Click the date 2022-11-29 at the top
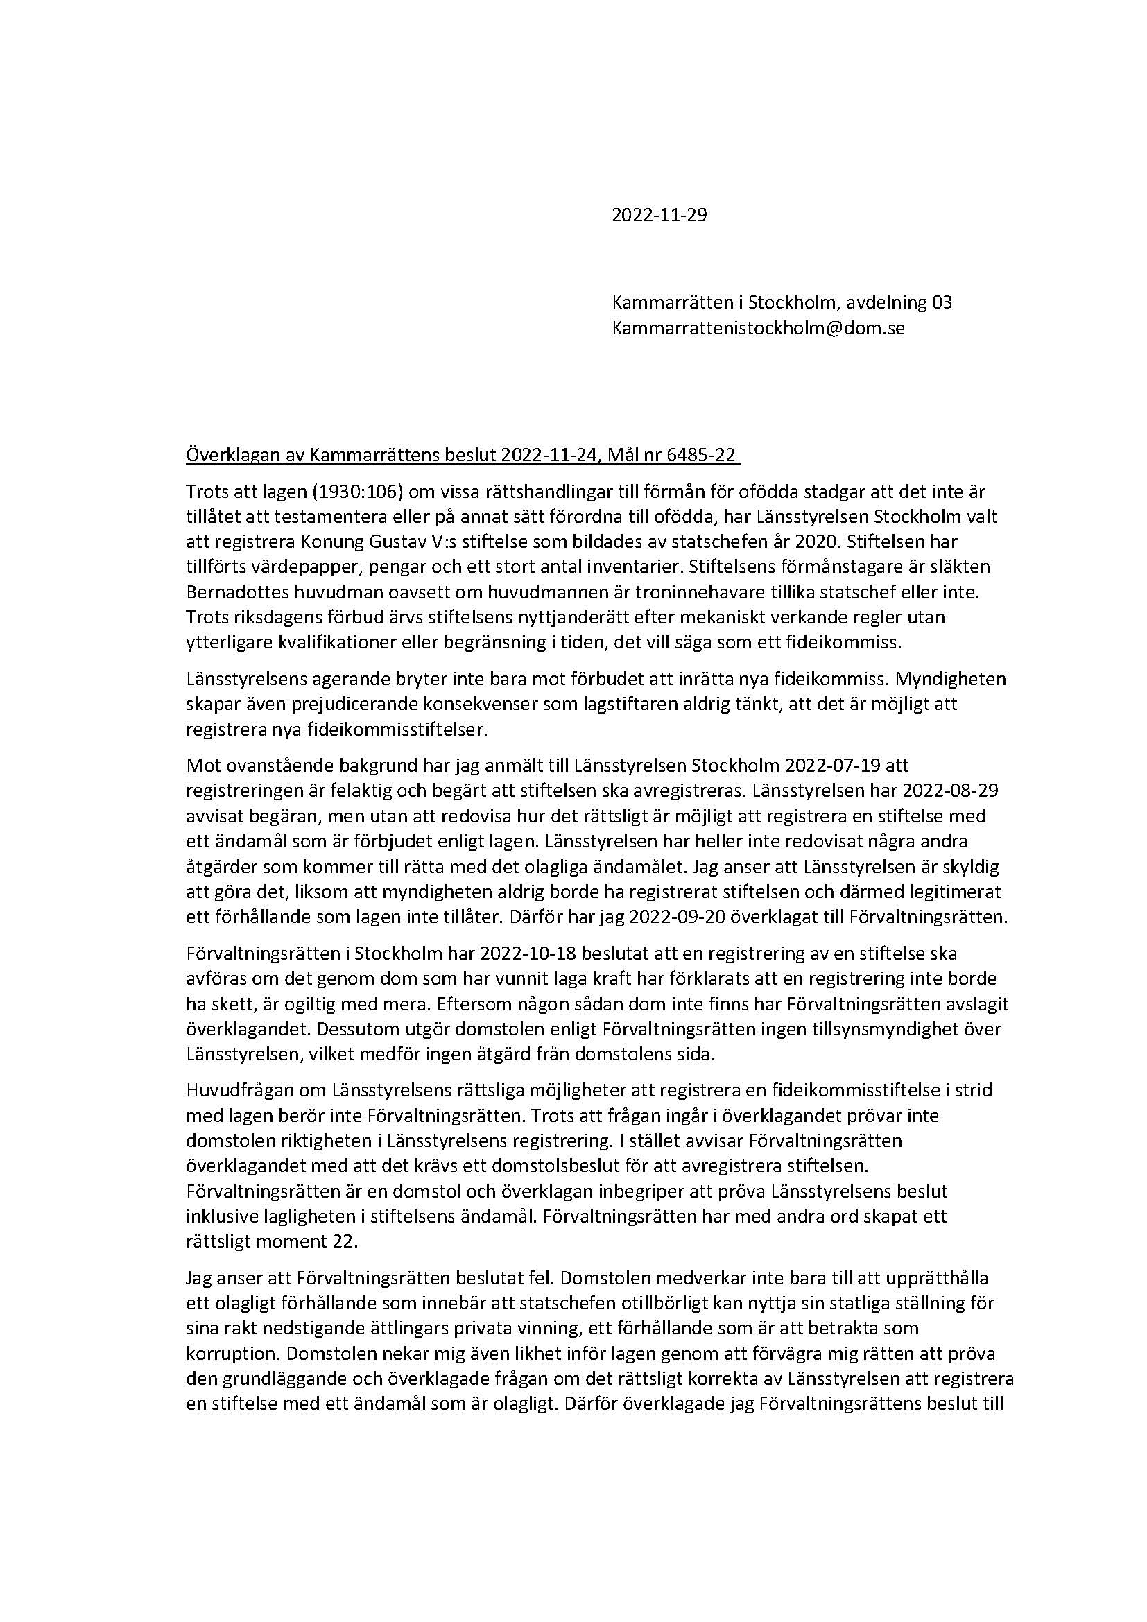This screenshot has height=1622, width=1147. click(659, 216)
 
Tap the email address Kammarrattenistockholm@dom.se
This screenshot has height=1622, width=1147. click(758, 329)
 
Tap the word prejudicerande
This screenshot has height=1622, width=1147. click(301, 704)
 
